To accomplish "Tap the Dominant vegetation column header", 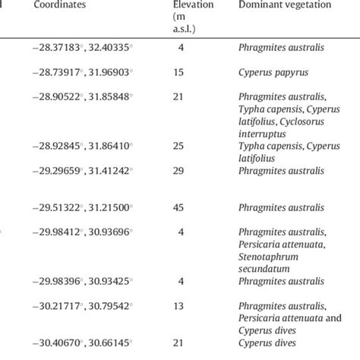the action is tap(282, 5).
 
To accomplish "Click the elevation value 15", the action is tap(195, 73).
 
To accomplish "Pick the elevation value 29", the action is tap(195, 172).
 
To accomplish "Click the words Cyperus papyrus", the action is tap(273, 73).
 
